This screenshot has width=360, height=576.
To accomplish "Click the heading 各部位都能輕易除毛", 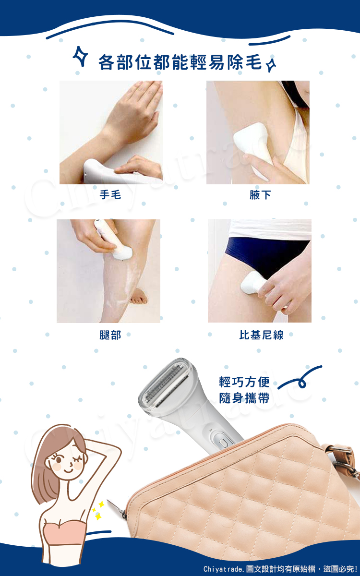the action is [180, 62].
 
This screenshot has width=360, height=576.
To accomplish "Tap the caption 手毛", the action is [110, 195].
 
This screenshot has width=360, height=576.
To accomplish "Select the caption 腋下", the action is [260, 195].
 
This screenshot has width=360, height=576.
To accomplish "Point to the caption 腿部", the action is [110, 335].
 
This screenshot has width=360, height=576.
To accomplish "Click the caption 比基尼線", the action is [261, 335].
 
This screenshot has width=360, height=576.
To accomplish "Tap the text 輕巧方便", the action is [244, 382].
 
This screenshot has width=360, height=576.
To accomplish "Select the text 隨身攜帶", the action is [244, 398].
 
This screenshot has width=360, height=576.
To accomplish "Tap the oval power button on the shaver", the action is [223, 443].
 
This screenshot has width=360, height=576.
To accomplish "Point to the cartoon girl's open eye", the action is [58, 458].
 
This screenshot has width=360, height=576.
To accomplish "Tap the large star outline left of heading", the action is [80, 56].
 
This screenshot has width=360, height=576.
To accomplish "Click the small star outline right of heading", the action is [271, 66].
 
